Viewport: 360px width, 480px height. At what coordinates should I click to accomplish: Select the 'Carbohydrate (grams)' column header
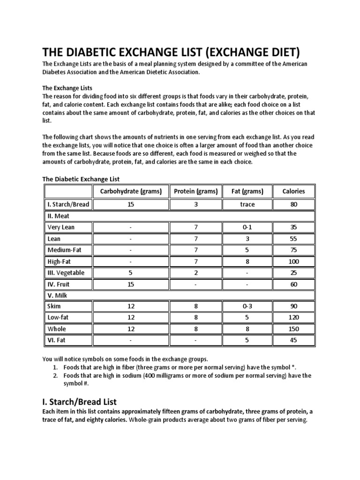tap(130, 191)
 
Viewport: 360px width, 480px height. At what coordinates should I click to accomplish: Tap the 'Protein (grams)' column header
tap(195, 191)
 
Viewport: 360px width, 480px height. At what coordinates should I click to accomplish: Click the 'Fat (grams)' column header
tap(247, 191)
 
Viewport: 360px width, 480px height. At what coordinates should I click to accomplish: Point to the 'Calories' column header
tap(293, 191)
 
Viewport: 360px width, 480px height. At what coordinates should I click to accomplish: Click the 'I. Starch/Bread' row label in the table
tap(68, 204)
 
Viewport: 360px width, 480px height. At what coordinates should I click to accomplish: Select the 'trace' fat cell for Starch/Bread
tap(247, 204)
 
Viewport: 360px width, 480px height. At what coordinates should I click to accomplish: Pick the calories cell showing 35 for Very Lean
tap(293, 227)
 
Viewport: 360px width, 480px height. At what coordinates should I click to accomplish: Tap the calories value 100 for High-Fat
tap(293, 262)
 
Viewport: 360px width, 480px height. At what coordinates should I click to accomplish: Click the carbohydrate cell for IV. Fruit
tap(130, 284)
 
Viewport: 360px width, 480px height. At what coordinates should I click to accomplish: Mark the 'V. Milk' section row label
tap(58, 295)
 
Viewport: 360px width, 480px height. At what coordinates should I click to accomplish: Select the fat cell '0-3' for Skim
tap(247, 307)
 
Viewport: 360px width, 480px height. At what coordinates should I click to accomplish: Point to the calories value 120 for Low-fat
tap(293, 318)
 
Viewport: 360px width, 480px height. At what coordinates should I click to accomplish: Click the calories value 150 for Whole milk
tap(293, 329)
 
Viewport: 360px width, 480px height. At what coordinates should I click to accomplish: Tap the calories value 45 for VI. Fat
tap(293, 341)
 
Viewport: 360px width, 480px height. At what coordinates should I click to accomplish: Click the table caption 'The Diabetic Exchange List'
tap(81, 179)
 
